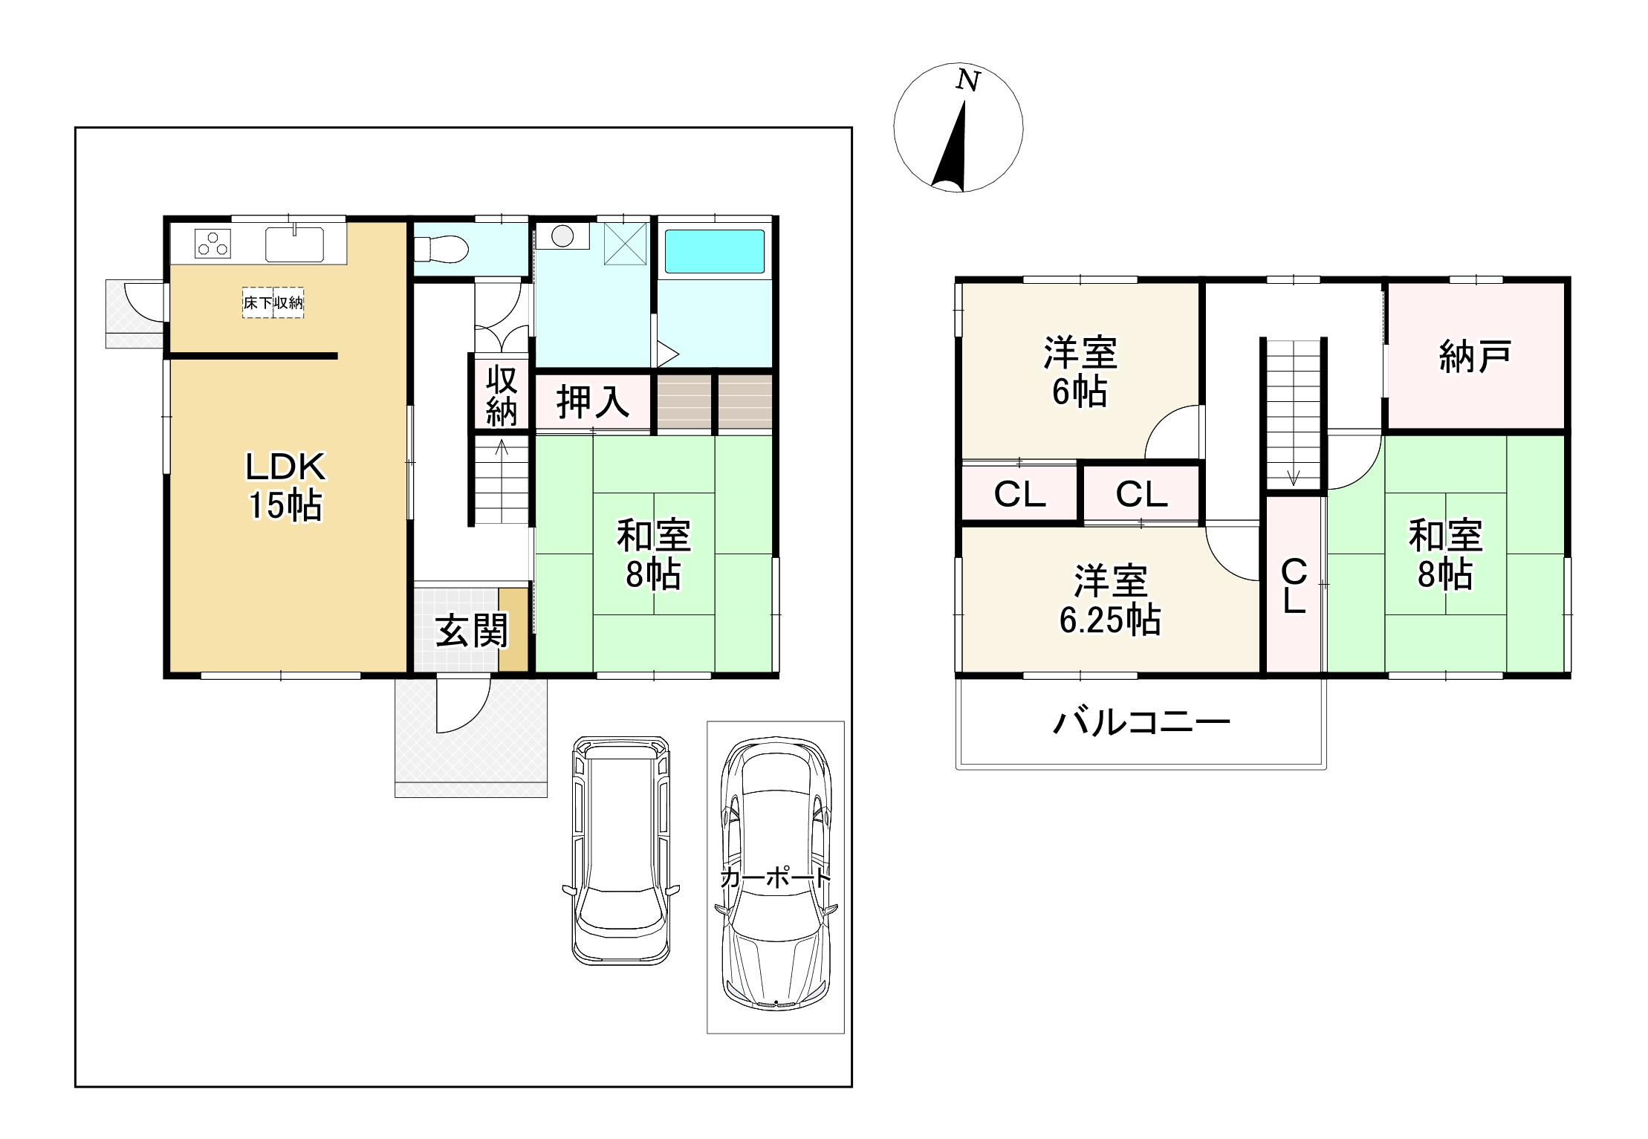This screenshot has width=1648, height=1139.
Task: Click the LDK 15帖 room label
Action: [286, 486]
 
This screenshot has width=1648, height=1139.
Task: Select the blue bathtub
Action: [714, 251]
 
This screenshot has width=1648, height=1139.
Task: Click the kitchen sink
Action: [294, 244]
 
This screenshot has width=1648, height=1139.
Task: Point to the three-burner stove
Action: [213, 243]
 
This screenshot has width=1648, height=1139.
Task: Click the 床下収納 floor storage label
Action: [273, 303]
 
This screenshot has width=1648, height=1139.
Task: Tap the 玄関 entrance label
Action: [471, 631]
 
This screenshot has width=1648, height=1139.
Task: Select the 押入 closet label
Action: [593, 402]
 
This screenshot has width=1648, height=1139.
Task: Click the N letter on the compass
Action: [967, 80]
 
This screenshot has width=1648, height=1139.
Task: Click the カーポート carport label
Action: [775, 878]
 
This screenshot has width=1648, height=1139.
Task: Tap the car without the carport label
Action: [621, 850]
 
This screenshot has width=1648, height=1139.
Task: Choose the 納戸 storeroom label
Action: [1475, 357]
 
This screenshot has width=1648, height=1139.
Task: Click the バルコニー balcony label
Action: [1141, 721]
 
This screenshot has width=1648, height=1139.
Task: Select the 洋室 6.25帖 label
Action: [1110, 600]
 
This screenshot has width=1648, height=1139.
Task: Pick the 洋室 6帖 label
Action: [1080, 371]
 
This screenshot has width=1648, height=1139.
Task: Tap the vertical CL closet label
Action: [1294, 585]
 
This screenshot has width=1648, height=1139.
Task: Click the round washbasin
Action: [562, 236]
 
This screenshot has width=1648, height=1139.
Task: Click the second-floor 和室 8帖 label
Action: [1446, 554]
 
